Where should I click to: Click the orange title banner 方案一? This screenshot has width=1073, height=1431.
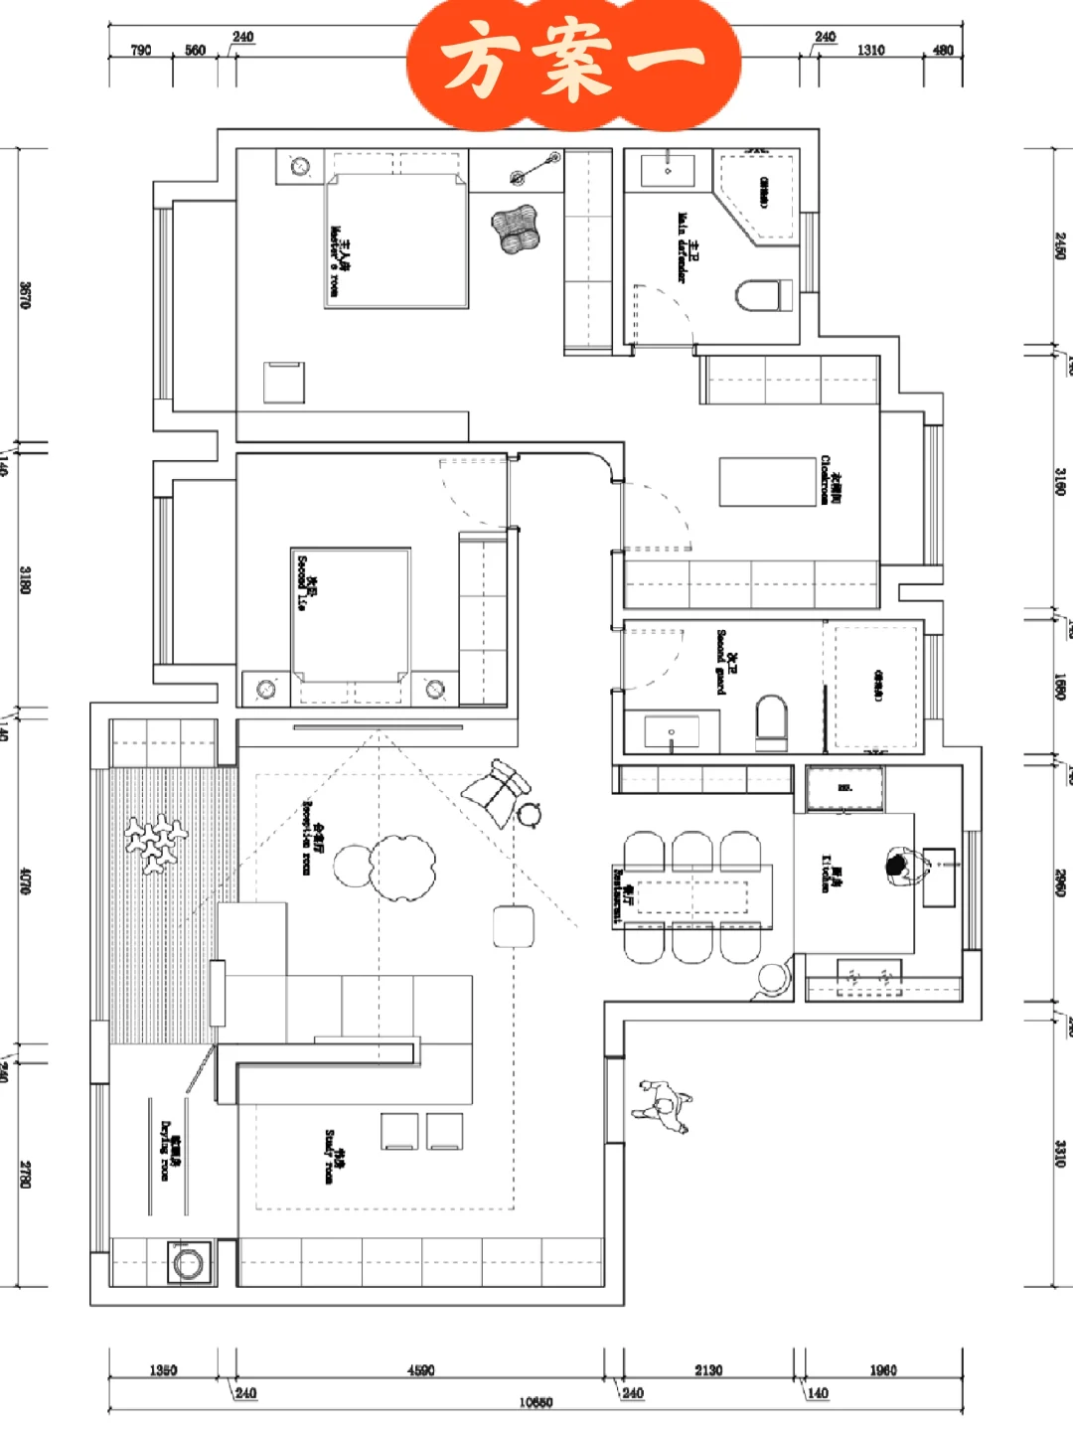tap(574, 62)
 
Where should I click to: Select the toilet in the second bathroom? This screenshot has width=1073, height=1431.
tap(771, 721)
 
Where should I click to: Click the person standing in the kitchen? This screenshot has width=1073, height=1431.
tap(900, 868)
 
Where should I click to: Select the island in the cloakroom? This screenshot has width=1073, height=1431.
tap(767, 482)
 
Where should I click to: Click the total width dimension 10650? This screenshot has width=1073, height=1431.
tap(536, 1402)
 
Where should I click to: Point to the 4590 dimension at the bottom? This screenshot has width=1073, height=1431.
tap(421, 1370)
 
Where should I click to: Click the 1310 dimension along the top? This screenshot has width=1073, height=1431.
tap(870, 50)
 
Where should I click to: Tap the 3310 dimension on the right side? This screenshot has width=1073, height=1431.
tap(1060, 1153)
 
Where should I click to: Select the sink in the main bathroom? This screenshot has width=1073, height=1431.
tap(668, 170)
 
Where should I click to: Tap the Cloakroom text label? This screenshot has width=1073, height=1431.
tap(830, 480)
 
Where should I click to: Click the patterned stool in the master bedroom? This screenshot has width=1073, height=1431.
tap(515, 229)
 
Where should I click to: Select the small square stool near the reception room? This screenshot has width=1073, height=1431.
tap(513, 927)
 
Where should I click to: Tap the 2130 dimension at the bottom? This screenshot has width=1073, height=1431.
tap(708, 1370)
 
